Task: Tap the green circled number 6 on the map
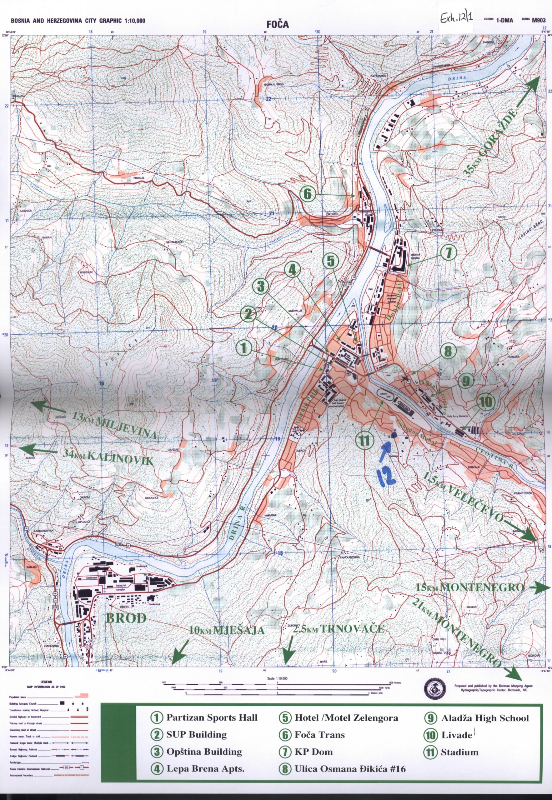pyautogui.click(x=308, y=195)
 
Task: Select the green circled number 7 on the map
pyautogui.click(x=449, y=253)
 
